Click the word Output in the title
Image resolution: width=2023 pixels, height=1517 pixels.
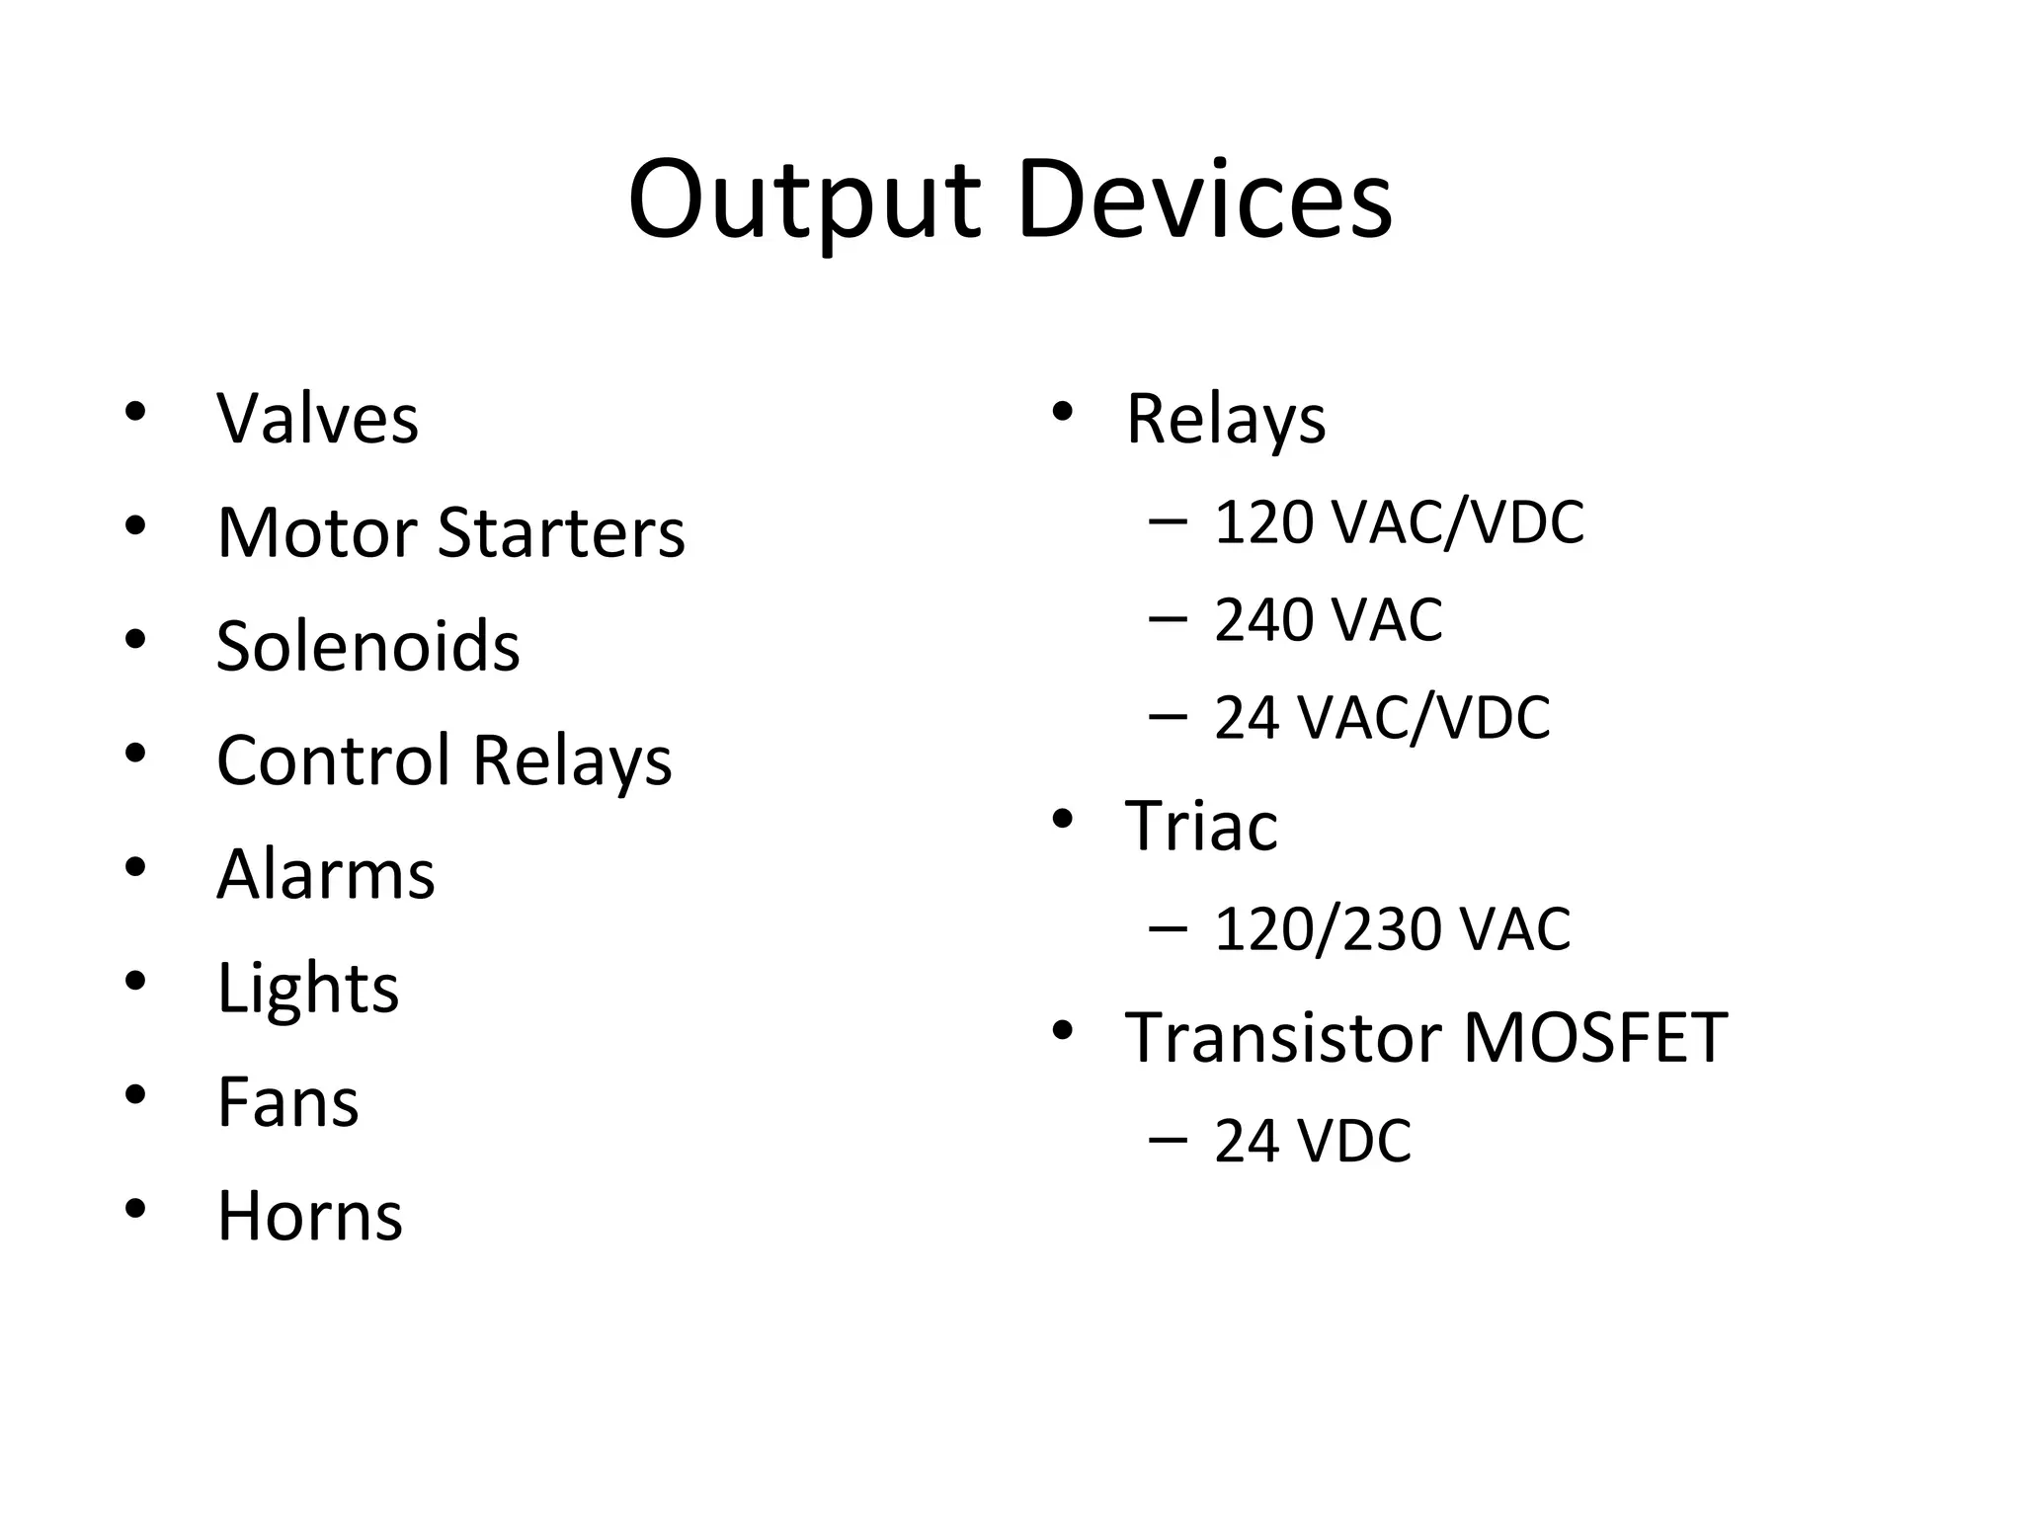point(804,201)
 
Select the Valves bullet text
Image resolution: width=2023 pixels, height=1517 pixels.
point(317,419)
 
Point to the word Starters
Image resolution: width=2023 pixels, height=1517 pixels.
point(560,532)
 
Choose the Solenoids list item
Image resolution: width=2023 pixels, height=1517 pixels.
point(367,646)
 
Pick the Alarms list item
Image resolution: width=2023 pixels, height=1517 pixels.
point(325,874)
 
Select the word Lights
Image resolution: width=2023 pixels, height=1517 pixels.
point(307,989)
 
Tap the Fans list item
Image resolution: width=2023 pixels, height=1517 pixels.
point(287,1102)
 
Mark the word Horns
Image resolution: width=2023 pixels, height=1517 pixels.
point(309,1216)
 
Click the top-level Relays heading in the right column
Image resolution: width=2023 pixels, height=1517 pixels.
point(1225,420)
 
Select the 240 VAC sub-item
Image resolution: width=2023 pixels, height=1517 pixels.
point(1328,620)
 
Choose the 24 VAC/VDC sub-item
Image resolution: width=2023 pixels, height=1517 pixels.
point(1381,718)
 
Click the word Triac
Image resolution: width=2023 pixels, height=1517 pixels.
point(1200,826)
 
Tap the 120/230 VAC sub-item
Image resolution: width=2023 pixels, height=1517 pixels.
point(1391,929)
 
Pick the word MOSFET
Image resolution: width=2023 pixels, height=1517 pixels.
point(1593,1038)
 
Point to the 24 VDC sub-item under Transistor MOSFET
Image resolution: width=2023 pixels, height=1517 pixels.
point(1312,1142)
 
